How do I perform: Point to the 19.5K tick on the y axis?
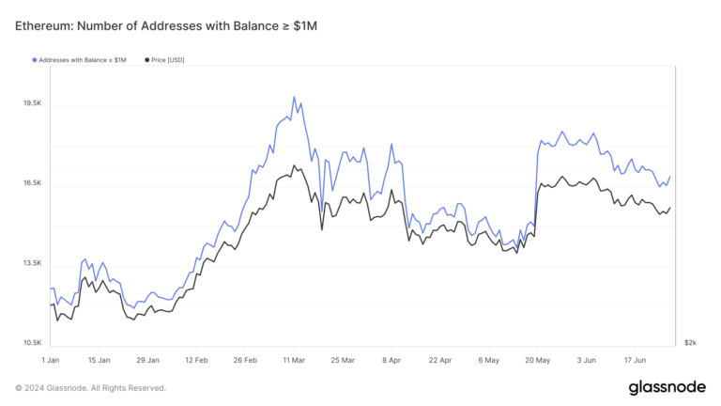32,103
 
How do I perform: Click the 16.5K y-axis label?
32,183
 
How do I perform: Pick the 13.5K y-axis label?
32,263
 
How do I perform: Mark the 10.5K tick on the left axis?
32,343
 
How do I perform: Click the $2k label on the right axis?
690,343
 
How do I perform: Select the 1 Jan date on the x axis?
51,359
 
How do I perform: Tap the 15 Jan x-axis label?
99,359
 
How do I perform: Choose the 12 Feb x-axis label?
196,359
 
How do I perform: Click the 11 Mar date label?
294,359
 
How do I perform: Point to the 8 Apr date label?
391,359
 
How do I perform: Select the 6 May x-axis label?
488,359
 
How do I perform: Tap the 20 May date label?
537,359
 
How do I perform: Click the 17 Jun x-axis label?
635,359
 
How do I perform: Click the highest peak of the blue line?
294,97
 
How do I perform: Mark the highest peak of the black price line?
294,166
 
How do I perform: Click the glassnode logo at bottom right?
667,388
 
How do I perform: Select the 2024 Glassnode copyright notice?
91,387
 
